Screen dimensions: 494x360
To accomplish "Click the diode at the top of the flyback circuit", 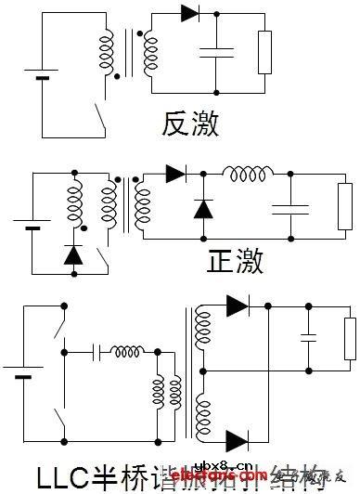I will pos(191,13).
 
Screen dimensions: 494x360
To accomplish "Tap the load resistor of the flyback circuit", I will pos(264,52).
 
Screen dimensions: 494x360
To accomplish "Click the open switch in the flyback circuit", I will pos(97,116).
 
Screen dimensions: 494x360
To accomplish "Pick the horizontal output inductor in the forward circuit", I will pos(247,174).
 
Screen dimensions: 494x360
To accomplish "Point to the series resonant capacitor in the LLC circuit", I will pos(99,353).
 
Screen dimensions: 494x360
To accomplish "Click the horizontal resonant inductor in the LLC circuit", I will pos(127,351).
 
